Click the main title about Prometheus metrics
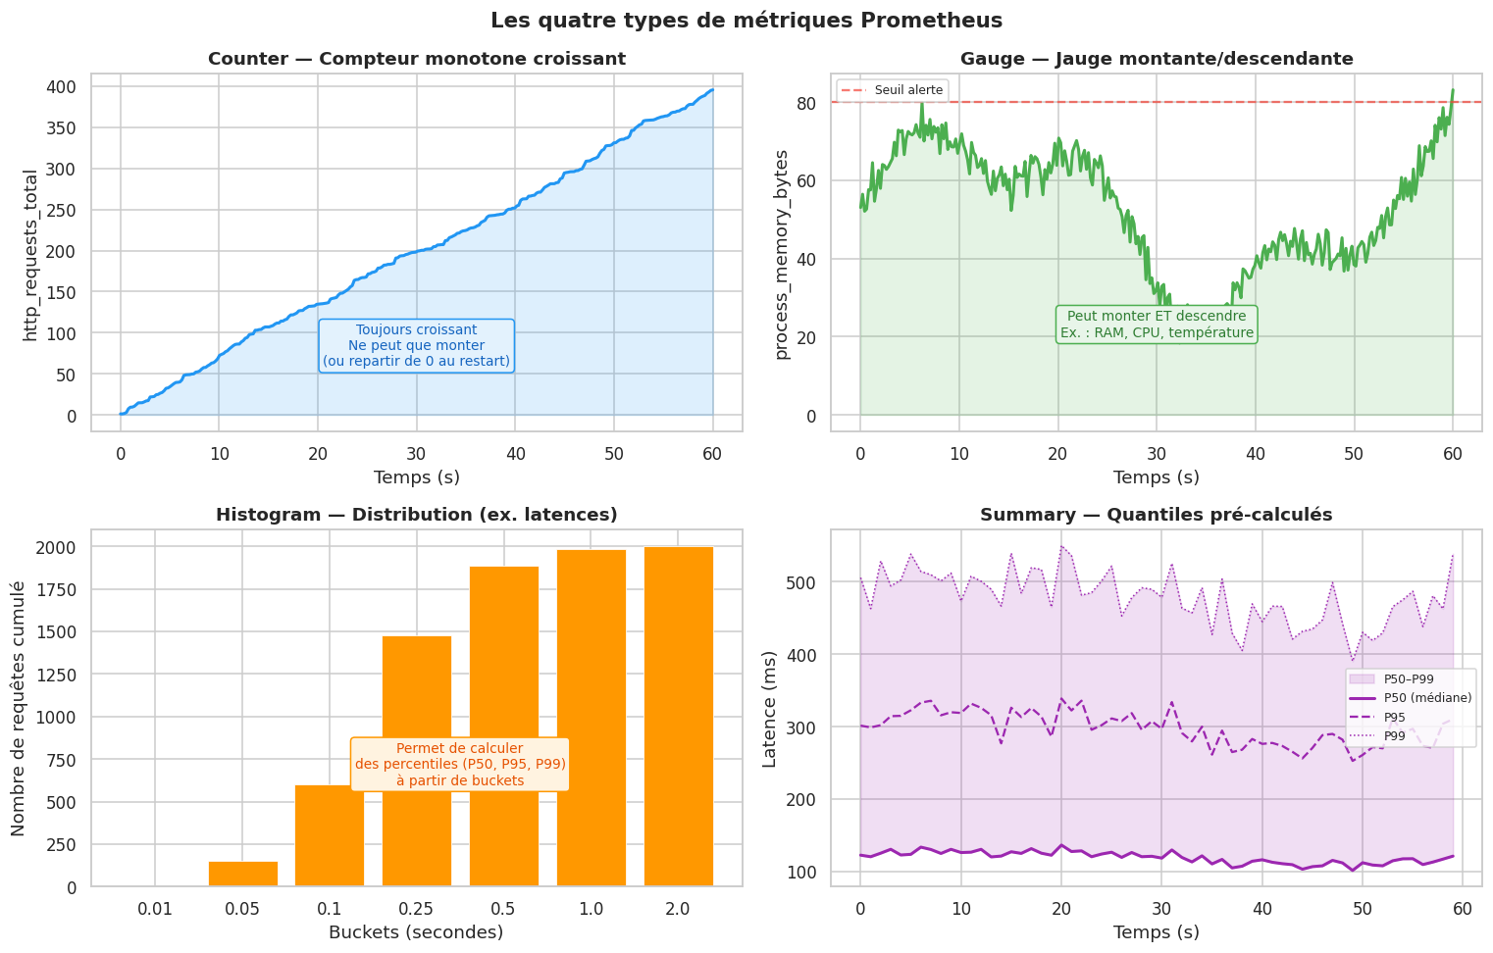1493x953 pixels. click(x=746, y=21)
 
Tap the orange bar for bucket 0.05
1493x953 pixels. click(x=242, y=874)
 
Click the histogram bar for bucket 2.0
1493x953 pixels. click(x=678, y=716)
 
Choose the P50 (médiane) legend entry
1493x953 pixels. click(x=1412, y=698)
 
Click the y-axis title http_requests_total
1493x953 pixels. click(x=30, y=255)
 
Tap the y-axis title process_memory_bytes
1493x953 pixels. click(x=782, y=255)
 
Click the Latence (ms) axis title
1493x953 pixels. click(x=770, y=708)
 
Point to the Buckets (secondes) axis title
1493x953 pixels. click(x=416, y=932)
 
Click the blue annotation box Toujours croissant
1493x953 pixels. click(x=416, y=346)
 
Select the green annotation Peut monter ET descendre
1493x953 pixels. click(x=1157, y=325)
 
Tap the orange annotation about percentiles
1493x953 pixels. click(x=460, y=764)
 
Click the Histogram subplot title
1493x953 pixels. click(x=416, y=515)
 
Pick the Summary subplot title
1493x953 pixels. click(x=1156, y=515)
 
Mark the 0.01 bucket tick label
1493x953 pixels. click(x=155, y=909)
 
